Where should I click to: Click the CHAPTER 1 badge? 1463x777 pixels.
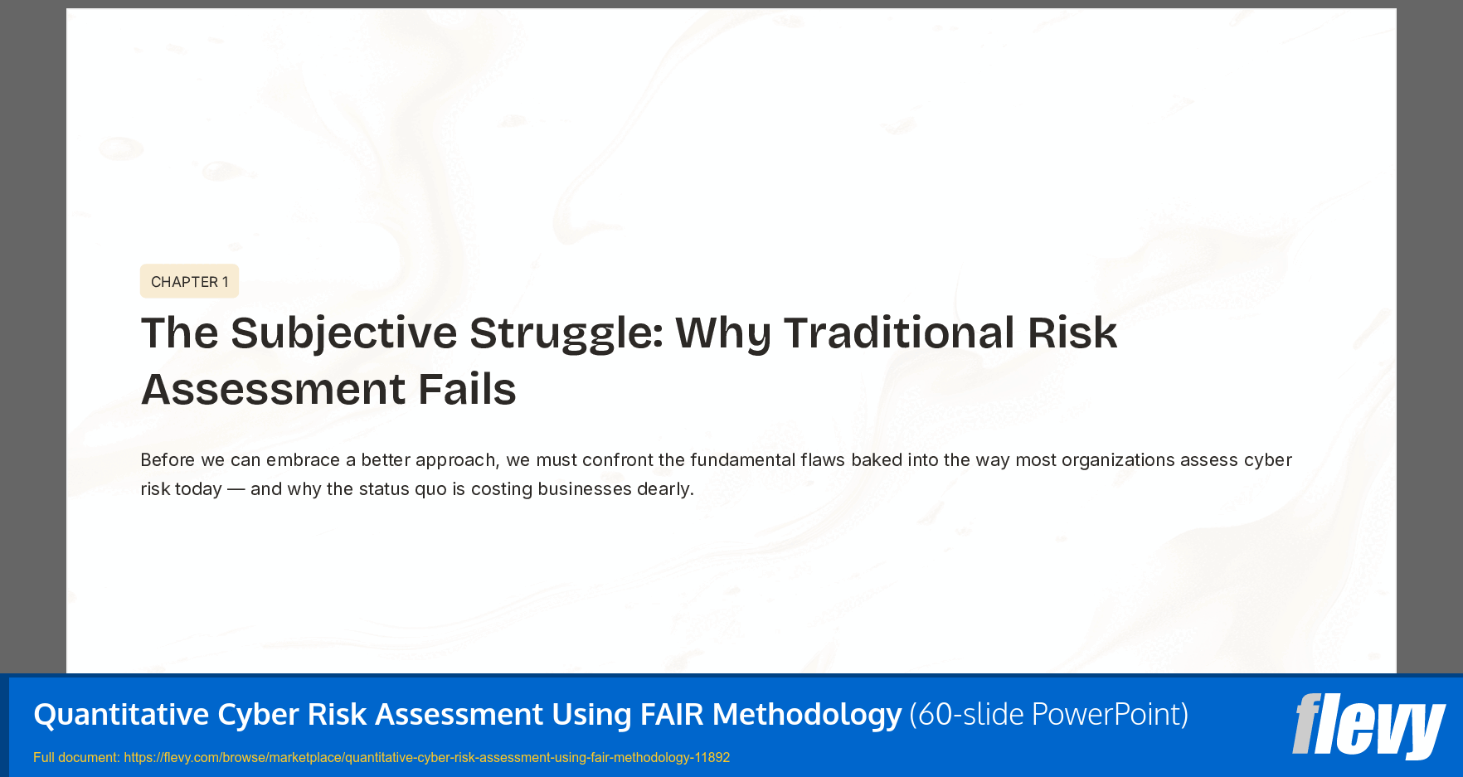point(189,282)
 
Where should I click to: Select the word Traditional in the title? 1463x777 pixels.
point(899,333)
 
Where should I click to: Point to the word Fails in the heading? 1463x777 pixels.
point(466,389)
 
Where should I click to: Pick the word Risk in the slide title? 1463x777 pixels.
point(1072,333)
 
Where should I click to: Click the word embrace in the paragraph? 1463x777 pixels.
point(303,460)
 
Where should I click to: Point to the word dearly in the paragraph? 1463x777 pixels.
point(665,489)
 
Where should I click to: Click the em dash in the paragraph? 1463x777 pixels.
point(236,489)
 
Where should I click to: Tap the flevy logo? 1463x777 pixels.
point(1368,726)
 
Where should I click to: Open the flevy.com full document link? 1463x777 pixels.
point(426,757)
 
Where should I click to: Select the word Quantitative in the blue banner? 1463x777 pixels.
point(121,714)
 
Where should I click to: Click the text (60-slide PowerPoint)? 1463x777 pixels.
point(1048,714)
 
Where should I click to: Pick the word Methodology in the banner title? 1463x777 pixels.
point(806,714)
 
